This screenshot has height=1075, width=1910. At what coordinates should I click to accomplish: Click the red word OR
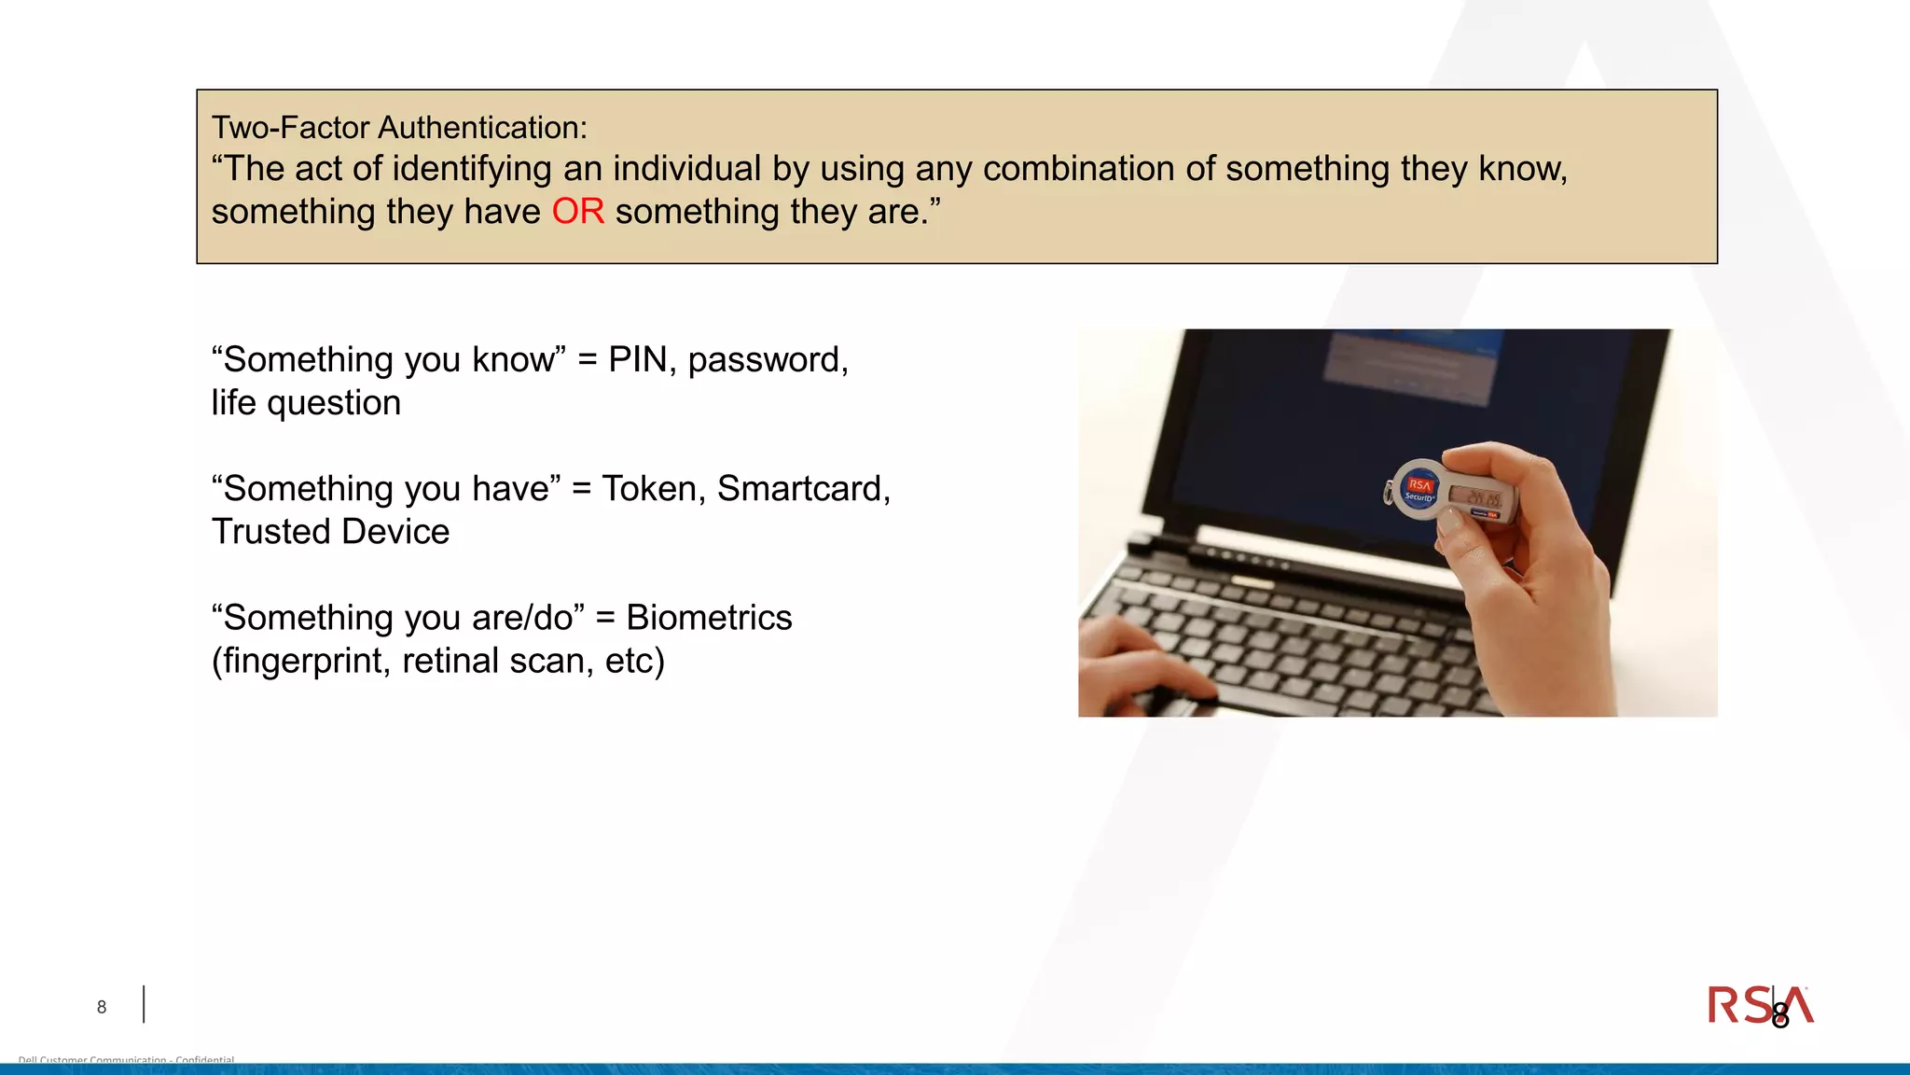577,212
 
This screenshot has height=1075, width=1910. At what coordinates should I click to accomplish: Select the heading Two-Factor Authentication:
399,128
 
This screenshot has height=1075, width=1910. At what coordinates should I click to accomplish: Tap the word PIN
638,359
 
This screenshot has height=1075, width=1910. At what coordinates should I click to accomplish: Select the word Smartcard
802,489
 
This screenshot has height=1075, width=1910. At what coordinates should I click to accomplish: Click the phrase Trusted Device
330,532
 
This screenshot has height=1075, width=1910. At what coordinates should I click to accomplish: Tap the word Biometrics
709,618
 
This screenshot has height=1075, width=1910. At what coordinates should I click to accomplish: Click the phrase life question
306,403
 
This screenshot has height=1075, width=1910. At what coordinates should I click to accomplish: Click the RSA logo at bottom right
1759,1006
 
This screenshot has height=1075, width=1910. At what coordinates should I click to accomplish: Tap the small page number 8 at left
102,1007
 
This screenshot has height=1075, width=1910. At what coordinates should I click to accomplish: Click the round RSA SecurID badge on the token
1419,490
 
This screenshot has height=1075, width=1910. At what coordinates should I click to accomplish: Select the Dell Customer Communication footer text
126,1060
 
